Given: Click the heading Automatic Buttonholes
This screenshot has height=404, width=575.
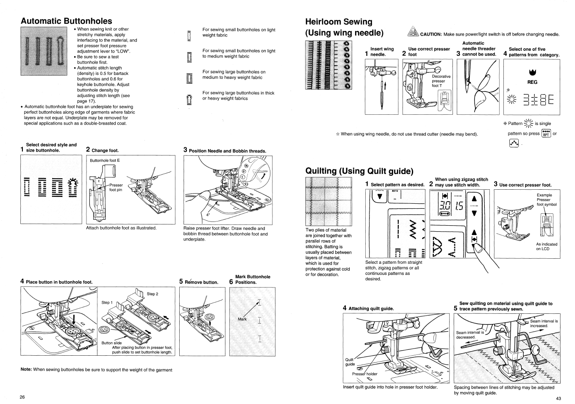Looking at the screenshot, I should [66, 21].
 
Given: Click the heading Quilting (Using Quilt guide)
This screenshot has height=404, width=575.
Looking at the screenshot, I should [359, 171].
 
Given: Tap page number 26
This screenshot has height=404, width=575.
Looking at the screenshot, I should [22, 397].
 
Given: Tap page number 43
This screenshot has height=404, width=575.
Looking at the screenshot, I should [558, 398].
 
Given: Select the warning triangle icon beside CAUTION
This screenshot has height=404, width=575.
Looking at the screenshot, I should [412, 32].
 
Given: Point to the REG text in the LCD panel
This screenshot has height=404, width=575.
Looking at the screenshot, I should [532, 82].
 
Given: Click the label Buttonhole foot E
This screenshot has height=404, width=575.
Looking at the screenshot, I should [105, 160].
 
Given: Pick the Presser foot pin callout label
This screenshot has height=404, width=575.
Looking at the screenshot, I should [116, 187].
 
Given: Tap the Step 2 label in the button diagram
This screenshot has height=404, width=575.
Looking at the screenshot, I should [152, 294].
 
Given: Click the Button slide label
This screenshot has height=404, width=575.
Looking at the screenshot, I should [111, 343].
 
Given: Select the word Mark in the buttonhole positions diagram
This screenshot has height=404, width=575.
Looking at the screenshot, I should [242, 319].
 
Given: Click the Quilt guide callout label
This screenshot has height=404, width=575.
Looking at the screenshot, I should [350, 362].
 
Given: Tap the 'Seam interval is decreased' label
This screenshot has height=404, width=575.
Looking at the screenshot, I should [469, 335].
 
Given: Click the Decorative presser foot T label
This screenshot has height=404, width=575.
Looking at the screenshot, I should [441, 81].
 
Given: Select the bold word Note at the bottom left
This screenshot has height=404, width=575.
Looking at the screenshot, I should [26, 370].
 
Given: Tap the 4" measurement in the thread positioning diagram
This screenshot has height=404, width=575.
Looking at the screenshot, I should [208, 214].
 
